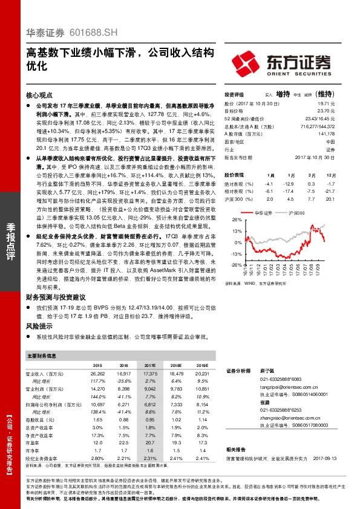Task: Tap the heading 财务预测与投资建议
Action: click(x=56, y=297)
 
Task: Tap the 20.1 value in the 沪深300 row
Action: click(x=330, y=198)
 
